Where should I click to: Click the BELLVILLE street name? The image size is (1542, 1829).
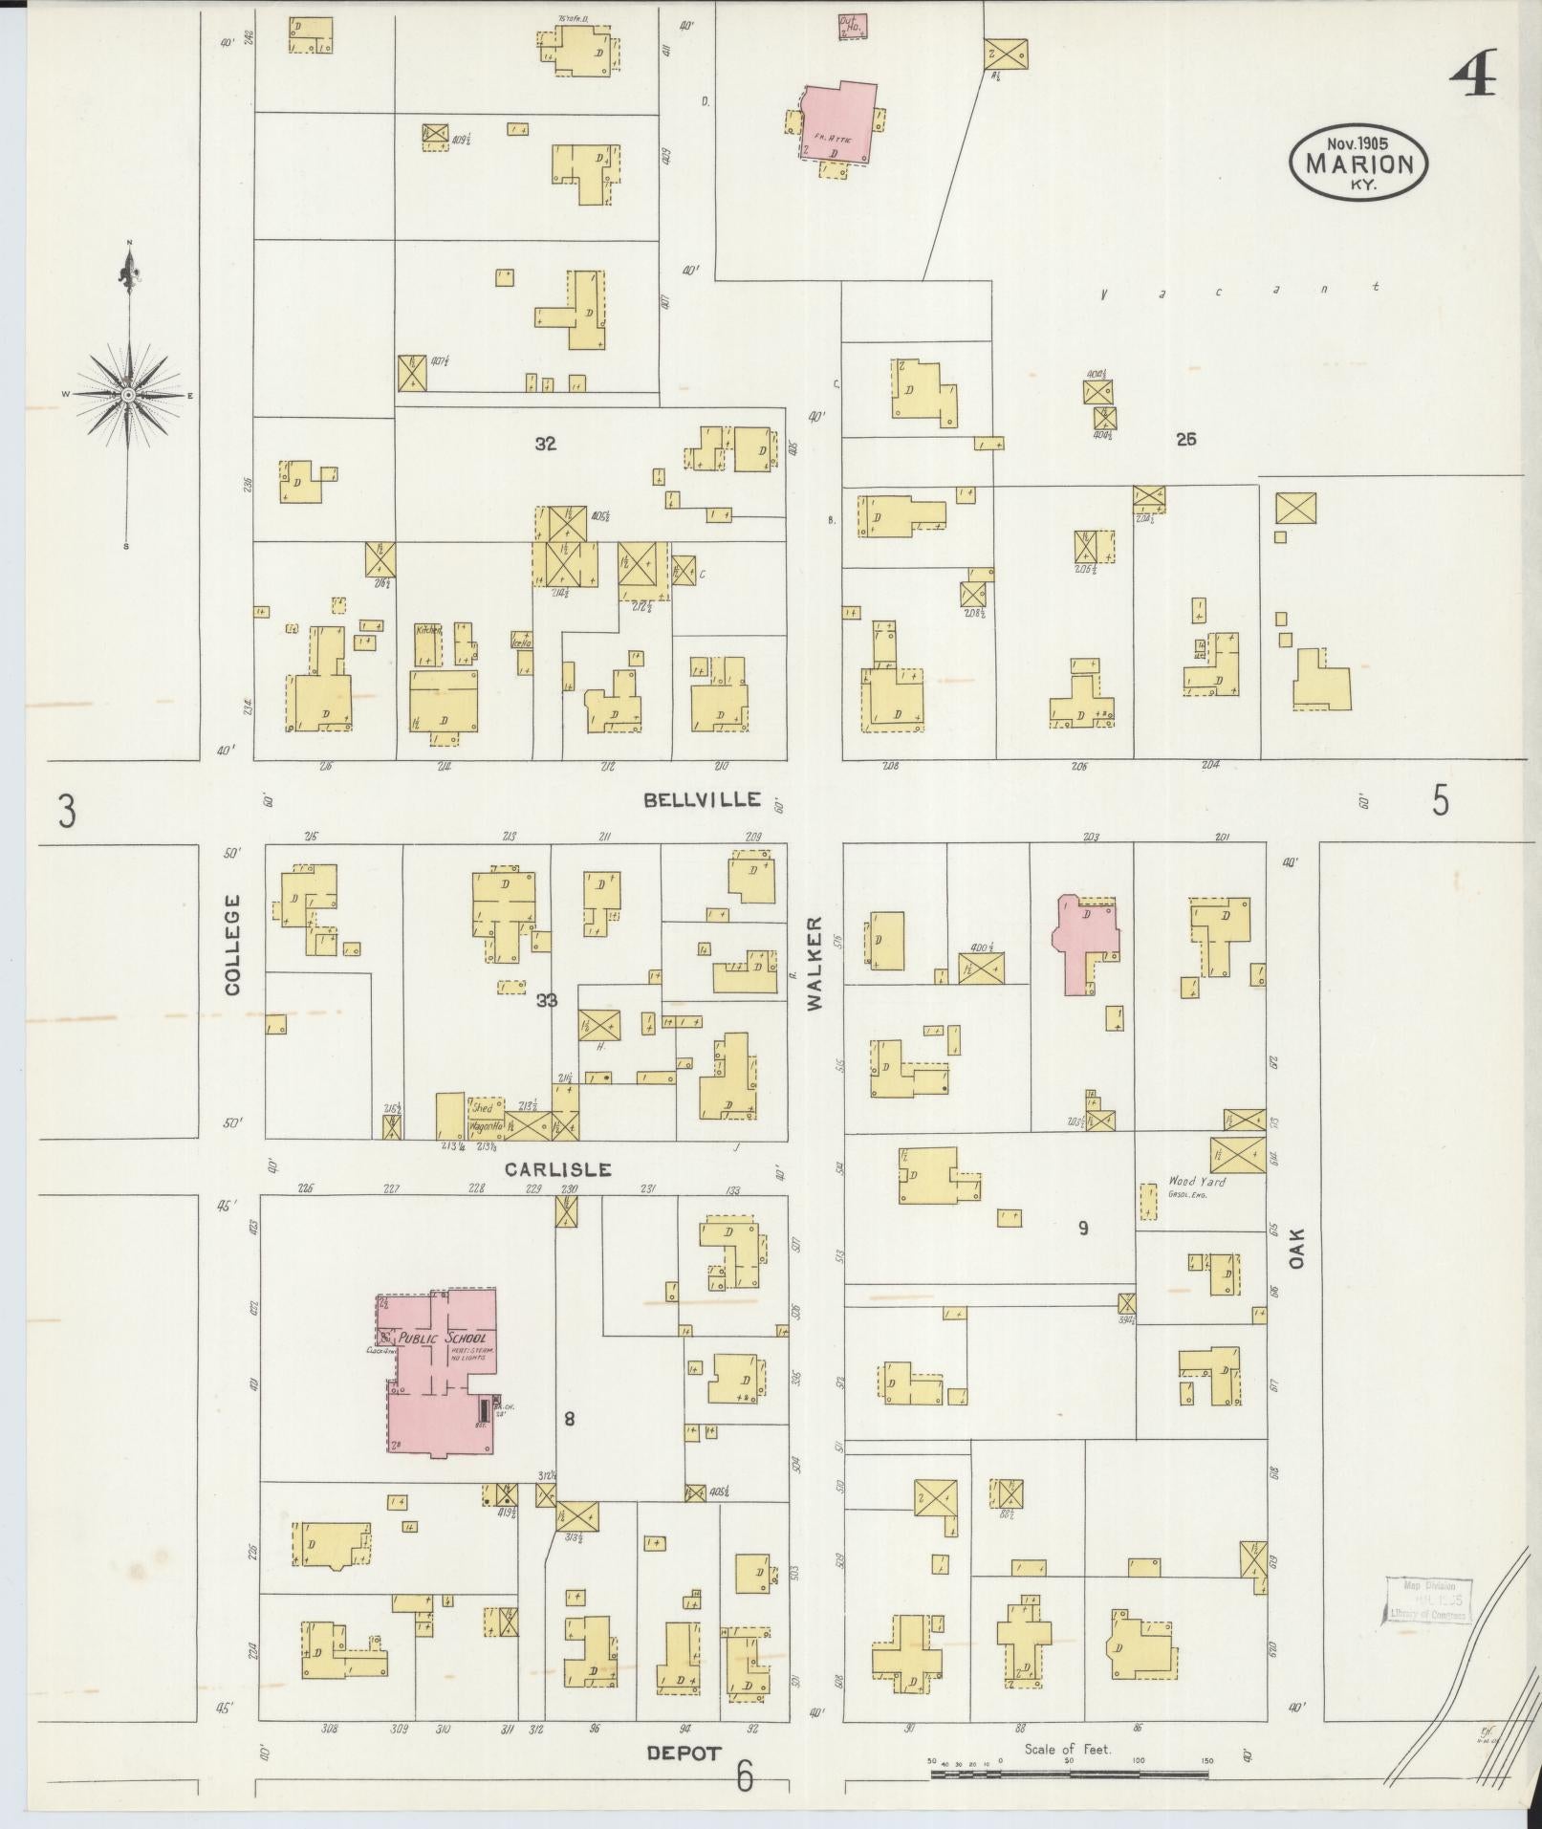pos(702,799)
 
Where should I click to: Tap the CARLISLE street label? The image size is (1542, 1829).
pos(557,1168)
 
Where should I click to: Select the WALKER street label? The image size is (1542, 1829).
pos(814,963)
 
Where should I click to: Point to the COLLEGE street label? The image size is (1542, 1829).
pos(233,946)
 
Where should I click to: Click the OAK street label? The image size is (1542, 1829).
pos(1296,1249)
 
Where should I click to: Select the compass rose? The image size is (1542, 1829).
pos(127,394)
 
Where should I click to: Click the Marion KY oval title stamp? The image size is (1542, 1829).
pos(1358,163)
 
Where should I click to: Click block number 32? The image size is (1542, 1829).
pos(546,444)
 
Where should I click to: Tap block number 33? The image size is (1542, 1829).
pos(547,1001)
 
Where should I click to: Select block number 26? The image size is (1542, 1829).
pos(1186,440)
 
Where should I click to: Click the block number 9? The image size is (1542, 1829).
pos(1083,1229)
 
